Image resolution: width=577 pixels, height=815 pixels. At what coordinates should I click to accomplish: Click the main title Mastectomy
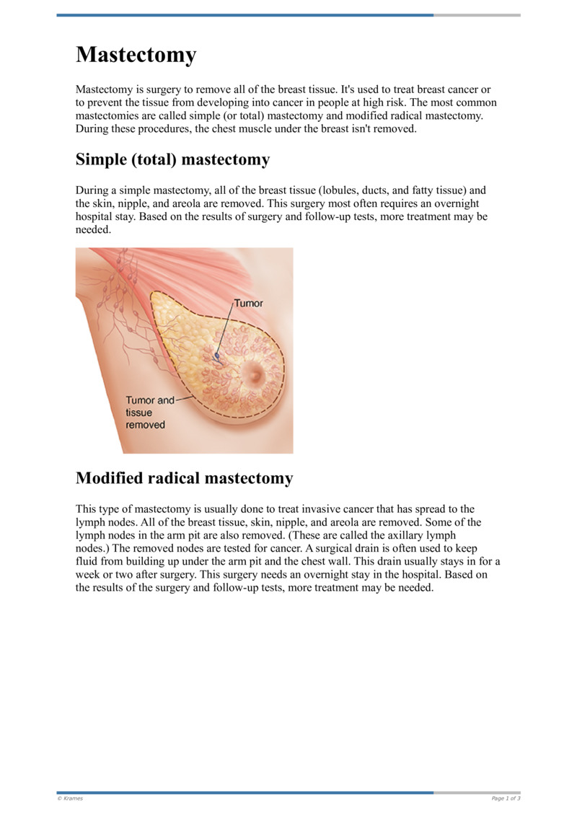tap(136, 55)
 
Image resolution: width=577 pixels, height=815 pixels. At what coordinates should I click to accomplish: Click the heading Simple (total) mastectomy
tap(172, 159)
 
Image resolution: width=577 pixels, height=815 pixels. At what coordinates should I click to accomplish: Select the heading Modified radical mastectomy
tap(184, 478)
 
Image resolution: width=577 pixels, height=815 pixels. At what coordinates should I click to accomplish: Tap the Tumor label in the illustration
tap(248, 304)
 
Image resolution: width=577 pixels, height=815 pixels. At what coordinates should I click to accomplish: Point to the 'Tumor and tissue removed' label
tap(150, 413)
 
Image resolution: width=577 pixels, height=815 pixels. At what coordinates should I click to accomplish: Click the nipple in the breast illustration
tap(255, 374)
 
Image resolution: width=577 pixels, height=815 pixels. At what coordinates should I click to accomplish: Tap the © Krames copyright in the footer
tap(70, 798)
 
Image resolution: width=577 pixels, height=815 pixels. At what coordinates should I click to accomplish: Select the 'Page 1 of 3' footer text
tap(506, 798)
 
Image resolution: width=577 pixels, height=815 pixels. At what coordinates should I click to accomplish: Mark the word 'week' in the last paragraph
tap(89, 575)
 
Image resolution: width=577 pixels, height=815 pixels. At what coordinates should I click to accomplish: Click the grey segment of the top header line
tap(477, 15)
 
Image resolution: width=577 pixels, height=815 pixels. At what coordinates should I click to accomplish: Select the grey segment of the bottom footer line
tap(477, 793)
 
